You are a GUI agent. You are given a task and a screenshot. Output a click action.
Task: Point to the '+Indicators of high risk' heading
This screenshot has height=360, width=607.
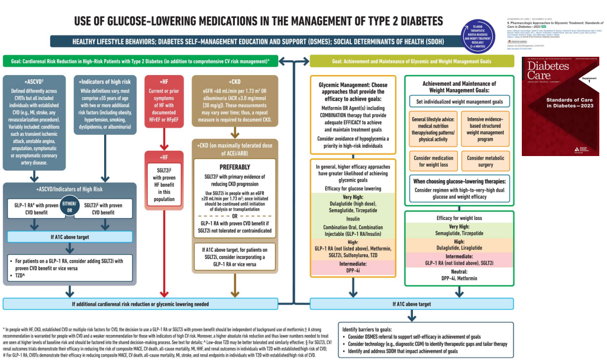click(106, 82)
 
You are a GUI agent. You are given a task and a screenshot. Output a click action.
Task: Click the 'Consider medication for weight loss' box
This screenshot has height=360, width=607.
click(434, 161)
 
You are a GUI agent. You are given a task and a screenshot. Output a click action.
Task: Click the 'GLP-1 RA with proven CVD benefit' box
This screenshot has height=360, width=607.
click(37, 209)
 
